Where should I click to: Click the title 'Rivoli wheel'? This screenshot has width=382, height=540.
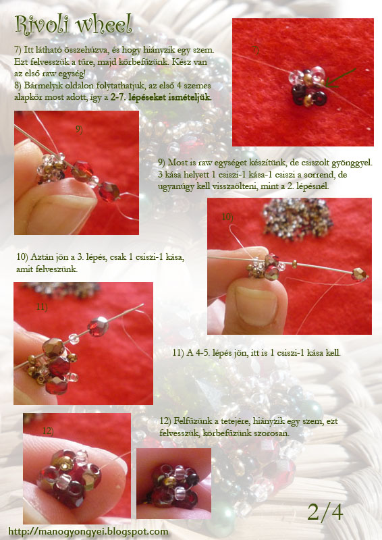(x=74, y=25)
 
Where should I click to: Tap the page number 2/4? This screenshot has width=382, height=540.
(x=325, y=512)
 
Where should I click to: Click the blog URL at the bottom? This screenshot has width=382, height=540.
(x=88, y=532)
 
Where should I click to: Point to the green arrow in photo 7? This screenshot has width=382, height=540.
(x=340, y=78)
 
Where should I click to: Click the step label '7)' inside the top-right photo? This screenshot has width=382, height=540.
(x=255, y=50)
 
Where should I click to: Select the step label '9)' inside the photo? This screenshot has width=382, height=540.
(x=79, y=130)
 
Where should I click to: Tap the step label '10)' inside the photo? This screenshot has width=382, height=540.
(x=227, y=217)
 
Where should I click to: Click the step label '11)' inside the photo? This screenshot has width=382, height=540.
(x=42, y=306)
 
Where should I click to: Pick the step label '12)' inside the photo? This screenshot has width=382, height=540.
(x=48, y=431)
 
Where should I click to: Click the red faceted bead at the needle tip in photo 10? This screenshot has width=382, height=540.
(x=359, y=274)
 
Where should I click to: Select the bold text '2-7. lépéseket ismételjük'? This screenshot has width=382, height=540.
(x=161, y=97)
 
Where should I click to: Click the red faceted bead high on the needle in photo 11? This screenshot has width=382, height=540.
(x=98, y=327)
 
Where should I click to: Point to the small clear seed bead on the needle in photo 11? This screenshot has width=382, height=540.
(x=74, y=339)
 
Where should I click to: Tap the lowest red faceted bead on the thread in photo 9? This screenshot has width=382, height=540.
(x=109, y=192)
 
